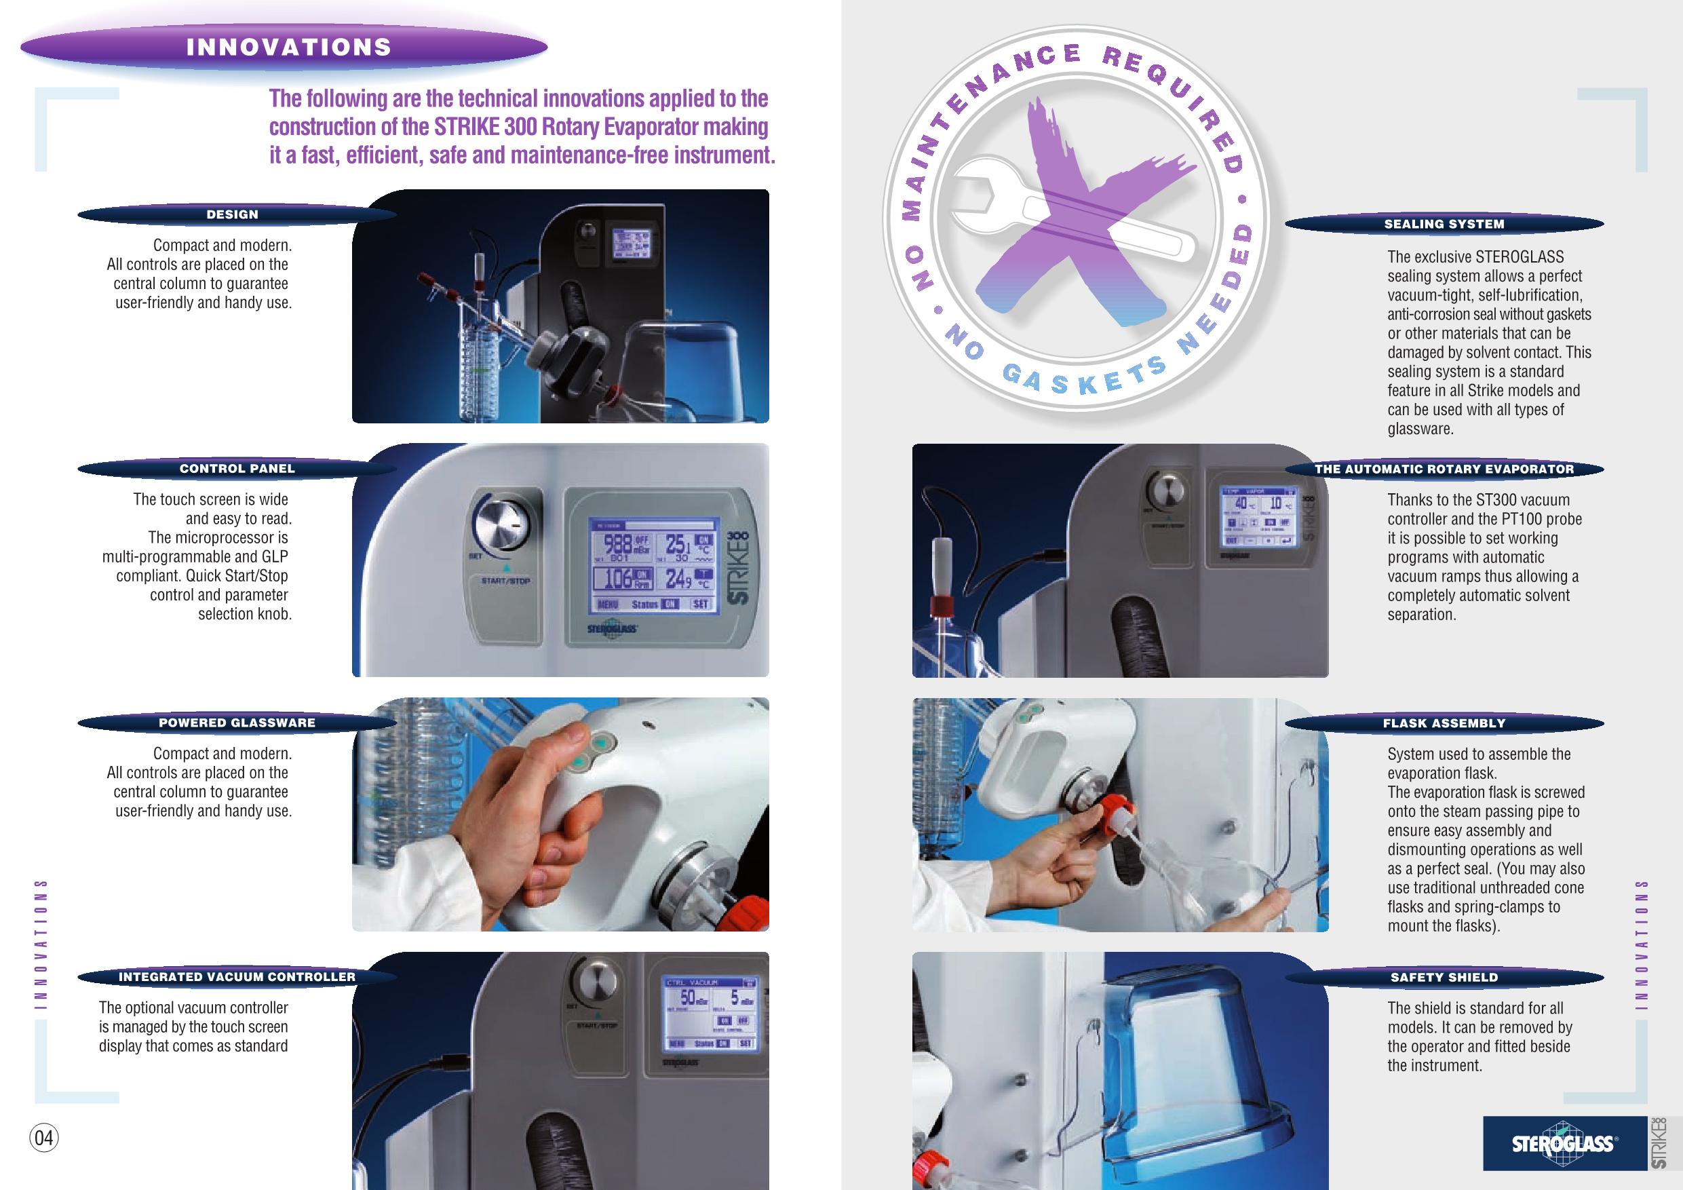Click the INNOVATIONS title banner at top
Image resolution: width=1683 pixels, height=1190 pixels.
[288, 47]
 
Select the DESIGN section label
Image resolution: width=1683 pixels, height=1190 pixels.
[233, 215]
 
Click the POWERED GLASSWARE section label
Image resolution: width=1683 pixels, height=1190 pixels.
[237, 723]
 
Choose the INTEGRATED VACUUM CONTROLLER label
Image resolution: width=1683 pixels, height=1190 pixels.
[237, 977]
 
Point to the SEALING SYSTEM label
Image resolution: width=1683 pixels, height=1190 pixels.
[1444, 225]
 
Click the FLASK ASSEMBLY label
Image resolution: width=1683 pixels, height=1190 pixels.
[1444, 723]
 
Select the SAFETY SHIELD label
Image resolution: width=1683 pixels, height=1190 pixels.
[1444, 978]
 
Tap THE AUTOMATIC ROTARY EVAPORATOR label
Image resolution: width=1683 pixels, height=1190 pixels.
[1444, 469]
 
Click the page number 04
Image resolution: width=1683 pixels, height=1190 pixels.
[44, 1138]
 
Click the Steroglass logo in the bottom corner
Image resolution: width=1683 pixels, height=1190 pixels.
[1563, 1144]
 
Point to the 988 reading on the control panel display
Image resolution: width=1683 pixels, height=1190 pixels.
[617, 544]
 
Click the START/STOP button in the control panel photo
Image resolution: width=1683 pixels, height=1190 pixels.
[505, 581]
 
